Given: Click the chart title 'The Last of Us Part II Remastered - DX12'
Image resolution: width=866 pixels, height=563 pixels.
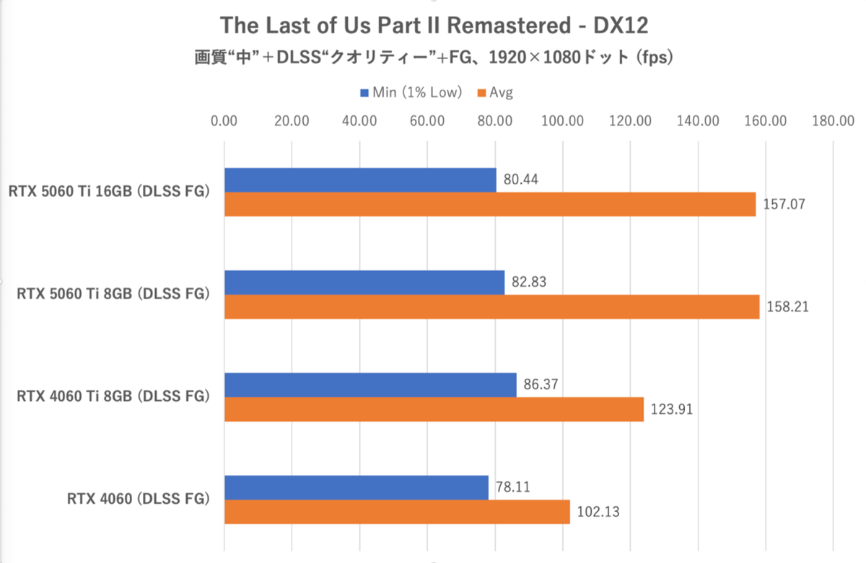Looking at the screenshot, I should coord(434,25).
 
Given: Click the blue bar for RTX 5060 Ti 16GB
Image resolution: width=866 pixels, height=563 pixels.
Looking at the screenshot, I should coord(360,180).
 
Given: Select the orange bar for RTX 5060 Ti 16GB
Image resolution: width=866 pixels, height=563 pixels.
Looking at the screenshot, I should coord(490,204).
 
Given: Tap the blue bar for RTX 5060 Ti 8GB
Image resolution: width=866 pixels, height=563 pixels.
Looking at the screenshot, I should coord(364,283).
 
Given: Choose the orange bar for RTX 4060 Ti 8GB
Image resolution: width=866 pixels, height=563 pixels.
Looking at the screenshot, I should coord(434,409).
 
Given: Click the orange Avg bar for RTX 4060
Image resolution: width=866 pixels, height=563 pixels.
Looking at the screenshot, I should coord(397,512).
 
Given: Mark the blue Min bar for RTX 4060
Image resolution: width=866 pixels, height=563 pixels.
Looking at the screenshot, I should coord(357,488).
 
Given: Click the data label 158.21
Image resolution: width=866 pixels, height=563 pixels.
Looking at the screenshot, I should coord(787,307).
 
